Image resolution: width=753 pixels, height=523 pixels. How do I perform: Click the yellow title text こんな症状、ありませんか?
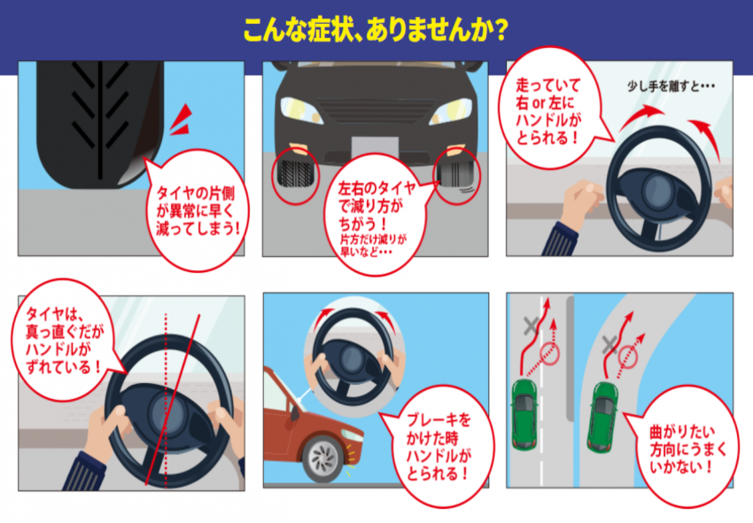click(376, 28)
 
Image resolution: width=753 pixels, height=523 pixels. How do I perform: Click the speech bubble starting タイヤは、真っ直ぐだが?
click(64, 337)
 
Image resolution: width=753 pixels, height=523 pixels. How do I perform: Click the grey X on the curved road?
click(609, 344)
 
